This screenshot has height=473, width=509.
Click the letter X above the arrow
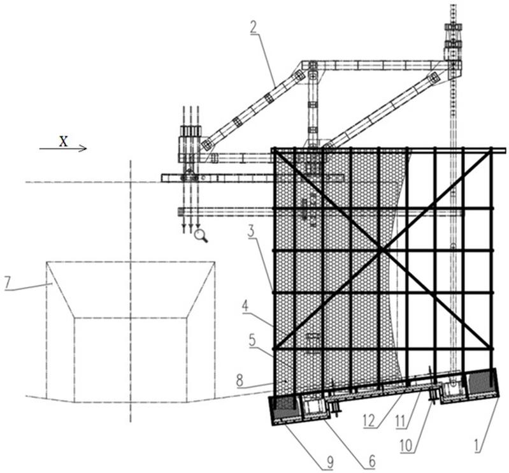[x=62, y=142]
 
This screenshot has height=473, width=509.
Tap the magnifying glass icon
[x=201, y=236]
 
